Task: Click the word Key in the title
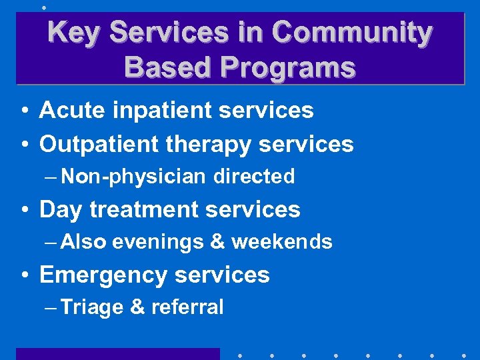71,32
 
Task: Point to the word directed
254,177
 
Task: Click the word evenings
158,242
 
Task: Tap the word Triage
92,307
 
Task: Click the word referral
187,307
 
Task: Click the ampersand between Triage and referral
137,307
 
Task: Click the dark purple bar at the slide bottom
117,354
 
